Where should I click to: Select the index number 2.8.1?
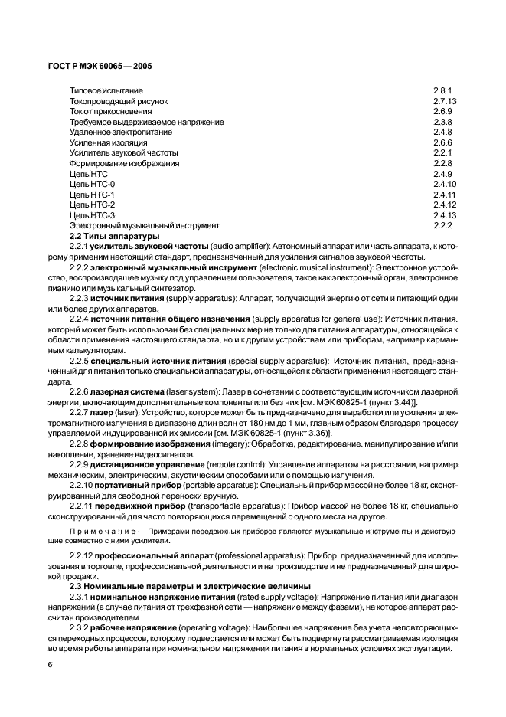[x=443, y=90]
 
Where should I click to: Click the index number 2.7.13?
[x=445, y=101]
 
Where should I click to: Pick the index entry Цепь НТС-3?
[x=92, y=215]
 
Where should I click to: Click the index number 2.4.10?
[x=445, y=184]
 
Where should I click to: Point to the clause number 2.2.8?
[x=78, y=444]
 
